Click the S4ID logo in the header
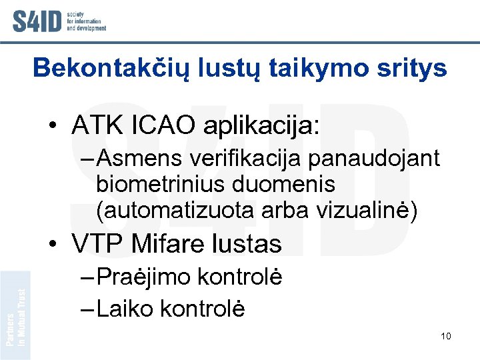[59, 20]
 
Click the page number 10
[446, 336]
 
